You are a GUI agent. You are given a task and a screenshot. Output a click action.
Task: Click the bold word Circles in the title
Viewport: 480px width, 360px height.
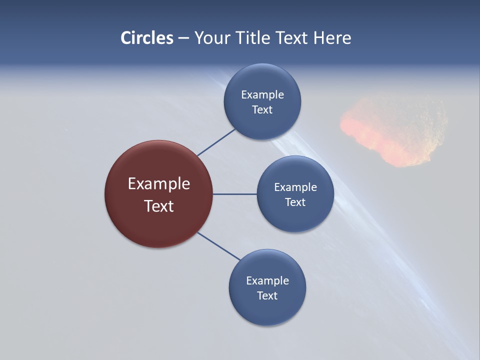coord(147,38)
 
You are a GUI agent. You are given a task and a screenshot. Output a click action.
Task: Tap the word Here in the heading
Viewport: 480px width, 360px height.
coord(332,38)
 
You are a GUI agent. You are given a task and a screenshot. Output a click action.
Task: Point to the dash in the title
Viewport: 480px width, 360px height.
coord(183,38)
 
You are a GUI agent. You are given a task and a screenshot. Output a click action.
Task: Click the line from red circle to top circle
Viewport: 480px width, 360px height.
coord(216,142)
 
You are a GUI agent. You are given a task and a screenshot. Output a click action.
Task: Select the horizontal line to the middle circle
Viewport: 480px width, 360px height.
coord(234,194)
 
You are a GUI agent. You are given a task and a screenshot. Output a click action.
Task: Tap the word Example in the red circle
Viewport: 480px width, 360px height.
coord(159,184)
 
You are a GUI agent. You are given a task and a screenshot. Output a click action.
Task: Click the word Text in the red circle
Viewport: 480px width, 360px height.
coord(159,206)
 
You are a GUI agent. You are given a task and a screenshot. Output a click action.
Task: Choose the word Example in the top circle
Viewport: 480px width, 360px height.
coord(262,95)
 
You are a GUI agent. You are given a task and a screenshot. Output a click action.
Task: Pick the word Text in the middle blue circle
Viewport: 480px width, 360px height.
coord(295,202)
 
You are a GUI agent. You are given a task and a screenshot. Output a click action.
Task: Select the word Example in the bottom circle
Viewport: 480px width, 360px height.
coord(267,281)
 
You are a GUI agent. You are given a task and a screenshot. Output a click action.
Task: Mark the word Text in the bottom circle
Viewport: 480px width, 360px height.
coord(267,296)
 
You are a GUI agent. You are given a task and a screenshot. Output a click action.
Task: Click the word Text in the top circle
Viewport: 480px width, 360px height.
coord(262,110)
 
